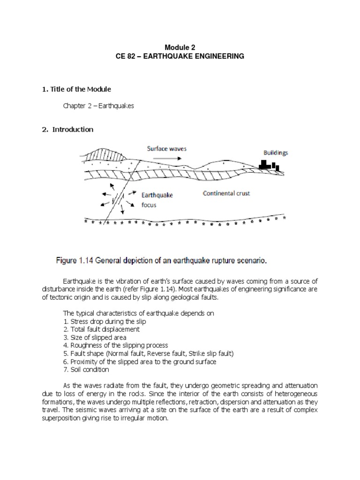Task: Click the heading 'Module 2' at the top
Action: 180,47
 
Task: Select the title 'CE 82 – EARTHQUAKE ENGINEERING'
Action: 180,56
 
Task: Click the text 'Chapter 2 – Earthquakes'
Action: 98,106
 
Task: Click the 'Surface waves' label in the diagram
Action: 167,149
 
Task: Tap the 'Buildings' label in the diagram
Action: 275,152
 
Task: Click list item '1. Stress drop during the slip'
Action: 105,322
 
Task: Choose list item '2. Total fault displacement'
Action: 101,330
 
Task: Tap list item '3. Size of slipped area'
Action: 94,337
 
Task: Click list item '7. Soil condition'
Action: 86,369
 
